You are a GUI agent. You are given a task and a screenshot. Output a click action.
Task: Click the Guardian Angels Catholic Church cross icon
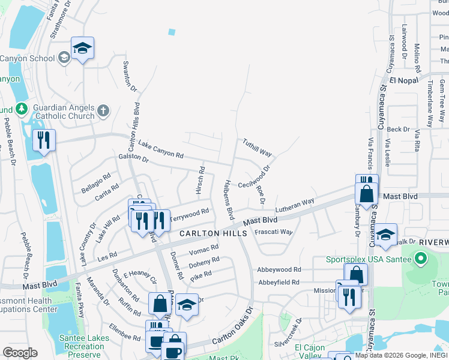(x=103, y=110)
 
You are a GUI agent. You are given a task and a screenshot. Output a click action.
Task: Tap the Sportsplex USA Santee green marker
(x=420, y=259)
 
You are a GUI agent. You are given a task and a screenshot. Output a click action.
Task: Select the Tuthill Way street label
(x=257, y=146)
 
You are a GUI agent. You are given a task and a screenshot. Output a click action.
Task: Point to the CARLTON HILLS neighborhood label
(x=213, y=233)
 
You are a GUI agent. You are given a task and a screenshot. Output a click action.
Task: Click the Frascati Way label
(x=274, y=232)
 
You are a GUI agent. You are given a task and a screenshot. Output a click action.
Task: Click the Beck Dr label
(x=398, y=129)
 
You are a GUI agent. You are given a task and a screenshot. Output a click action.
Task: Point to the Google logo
(x=20, y=353)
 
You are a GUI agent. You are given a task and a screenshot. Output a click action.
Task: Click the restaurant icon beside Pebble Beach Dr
(x=44, y=141)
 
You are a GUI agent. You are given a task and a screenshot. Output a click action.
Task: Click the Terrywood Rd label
(x=190, y=214)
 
